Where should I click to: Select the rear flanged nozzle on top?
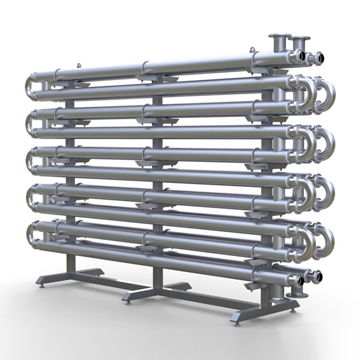coord(299,43)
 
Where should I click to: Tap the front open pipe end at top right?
coord(297,56)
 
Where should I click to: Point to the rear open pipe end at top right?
coord(317,58)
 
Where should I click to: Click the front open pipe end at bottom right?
coord(296,280)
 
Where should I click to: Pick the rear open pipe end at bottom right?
coord(316,277)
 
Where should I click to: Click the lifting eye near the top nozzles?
coord(254,50)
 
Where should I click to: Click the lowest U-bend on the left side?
coord(31,232)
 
